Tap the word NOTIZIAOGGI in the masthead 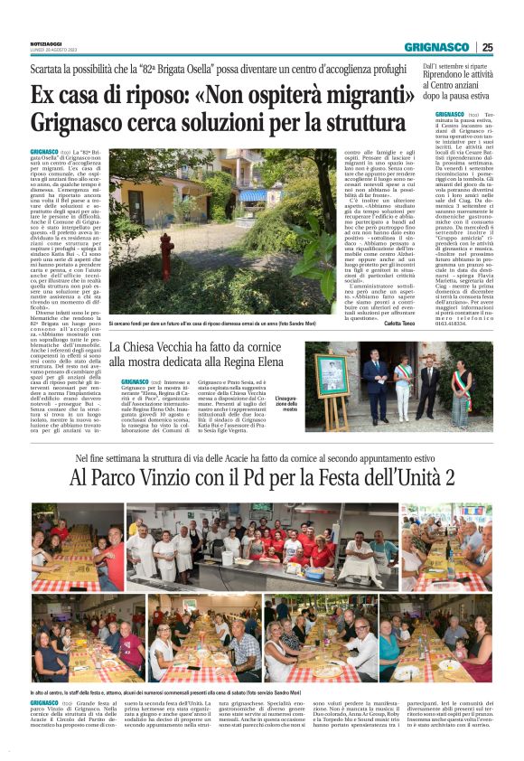point(45,43)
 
